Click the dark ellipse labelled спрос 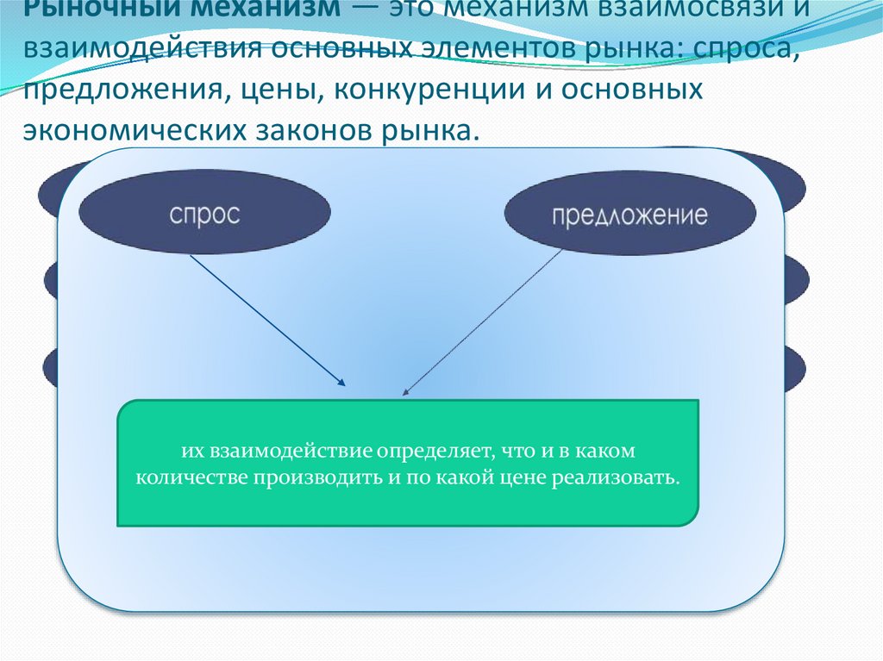tap(204, 215)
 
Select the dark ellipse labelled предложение tap(629, 215)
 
